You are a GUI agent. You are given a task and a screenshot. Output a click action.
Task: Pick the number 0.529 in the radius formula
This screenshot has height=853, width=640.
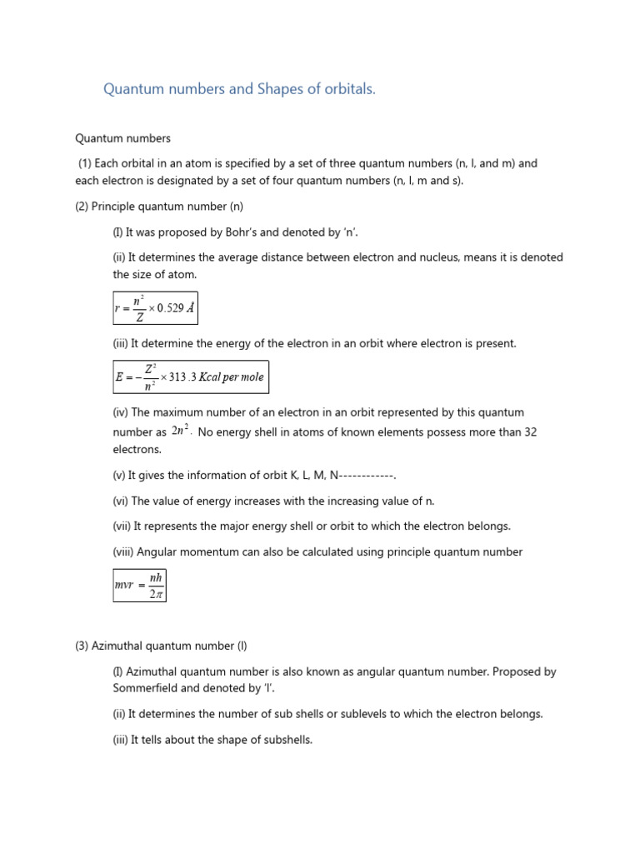coord(162,308)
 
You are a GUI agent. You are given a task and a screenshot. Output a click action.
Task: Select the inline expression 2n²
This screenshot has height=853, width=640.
coord(181,431)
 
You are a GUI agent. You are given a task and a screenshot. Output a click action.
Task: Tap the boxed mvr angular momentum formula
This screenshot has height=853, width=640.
coord(139,586)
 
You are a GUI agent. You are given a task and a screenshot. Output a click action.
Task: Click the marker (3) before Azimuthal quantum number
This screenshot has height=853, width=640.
coord(82,646)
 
